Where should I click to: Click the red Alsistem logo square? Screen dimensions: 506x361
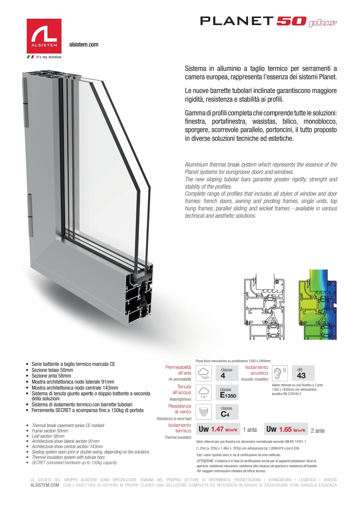pos(44,36)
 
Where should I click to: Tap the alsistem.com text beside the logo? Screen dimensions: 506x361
pos(84,44)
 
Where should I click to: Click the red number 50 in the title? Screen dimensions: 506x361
pos(291,21)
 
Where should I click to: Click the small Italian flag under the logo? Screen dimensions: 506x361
pos(30,57)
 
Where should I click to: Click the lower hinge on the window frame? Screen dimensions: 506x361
pos(30,216)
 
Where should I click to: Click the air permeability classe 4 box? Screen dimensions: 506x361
pos(226,373)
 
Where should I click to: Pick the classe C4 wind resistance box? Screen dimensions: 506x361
pos(226,412)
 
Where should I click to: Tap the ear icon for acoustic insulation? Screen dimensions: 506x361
pos(279,373)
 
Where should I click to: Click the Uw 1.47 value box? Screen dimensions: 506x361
pos(218,429)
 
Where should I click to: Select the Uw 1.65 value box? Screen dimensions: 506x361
pos(286,429)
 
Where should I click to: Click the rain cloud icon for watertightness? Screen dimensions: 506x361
pos(204,392)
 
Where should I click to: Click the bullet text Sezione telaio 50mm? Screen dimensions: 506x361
pos(52,370)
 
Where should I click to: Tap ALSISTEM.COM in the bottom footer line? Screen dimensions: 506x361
pos(45,485)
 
